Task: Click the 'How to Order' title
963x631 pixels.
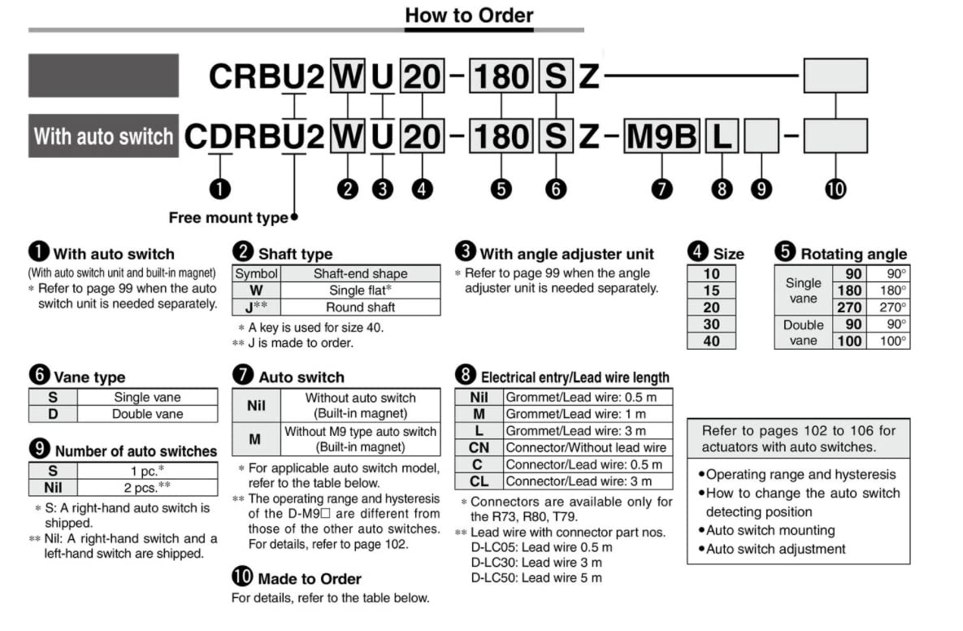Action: [469, 15]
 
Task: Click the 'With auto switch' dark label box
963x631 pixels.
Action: [103, 136]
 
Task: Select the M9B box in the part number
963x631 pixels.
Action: [662, 136]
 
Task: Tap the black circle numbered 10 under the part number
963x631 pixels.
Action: [835, 189]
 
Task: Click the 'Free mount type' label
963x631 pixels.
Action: [228, 218]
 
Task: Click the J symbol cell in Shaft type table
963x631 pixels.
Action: [256, 307]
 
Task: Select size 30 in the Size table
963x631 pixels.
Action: [711, 324]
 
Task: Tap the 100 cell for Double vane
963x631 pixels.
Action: [849, 341]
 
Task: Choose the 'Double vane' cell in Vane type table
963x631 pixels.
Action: [147, 414]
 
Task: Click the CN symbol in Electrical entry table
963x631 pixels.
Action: [479, 447]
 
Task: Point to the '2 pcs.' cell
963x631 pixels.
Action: [147, 488]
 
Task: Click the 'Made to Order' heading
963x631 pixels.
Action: [309, 579]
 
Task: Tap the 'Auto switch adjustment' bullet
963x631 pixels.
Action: [775, 549]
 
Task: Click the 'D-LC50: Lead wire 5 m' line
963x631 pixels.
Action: [536, 578]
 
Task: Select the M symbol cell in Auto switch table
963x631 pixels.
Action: [255, 439]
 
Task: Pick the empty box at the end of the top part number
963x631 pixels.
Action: [835, 76]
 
